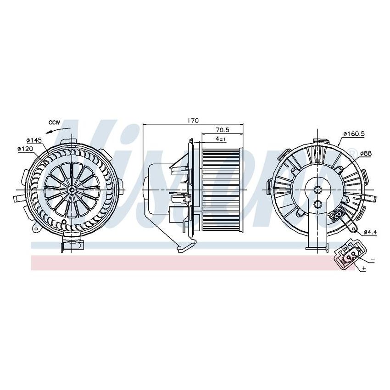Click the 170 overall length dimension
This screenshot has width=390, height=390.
(x=193, y=120)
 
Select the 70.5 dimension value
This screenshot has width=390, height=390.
(x=223, y=130)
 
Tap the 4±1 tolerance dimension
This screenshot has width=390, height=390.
(x=220, y=139)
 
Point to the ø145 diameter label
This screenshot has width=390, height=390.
(x=34, y=139)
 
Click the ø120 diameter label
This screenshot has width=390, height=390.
(x=26, y=149)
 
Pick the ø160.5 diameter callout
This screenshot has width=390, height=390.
(x=353, y=134)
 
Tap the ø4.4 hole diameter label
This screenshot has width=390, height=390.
(x=370, y=233)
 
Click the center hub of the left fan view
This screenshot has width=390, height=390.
(x=72, y=189)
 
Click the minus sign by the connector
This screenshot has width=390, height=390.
(x=373, y=260)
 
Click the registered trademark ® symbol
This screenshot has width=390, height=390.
(x=351, y=152)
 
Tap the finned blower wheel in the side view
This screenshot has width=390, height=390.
(x=221, y=189)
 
